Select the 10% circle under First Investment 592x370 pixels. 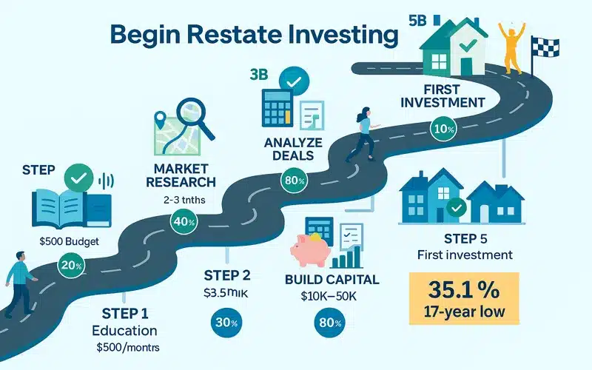click(444, 129)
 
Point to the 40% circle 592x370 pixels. click(182, 221)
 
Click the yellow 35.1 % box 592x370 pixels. click(463, 298)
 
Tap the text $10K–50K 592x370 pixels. click(327, 298)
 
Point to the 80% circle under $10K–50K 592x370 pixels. click(328, 323)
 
